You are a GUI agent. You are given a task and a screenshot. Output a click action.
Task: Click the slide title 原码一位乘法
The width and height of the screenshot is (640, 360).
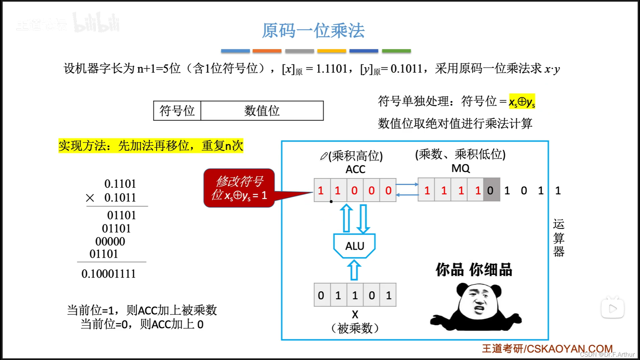pos(313,31)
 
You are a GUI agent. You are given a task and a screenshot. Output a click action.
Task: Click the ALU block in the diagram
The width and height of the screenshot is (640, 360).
pos(355,246)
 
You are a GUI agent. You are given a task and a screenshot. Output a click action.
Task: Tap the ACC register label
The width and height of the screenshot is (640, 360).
pos(355,169)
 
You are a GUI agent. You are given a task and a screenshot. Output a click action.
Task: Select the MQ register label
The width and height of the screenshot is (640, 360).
pos(460,168)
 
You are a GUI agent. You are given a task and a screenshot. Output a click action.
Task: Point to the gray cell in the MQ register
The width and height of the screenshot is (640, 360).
pos(491,190)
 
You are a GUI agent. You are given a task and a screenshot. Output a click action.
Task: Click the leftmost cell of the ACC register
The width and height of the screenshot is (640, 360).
pos(321,190)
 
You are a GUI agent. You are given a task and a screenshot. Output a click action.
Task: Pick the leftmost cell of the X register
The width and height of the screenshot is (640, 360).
pos(321,295)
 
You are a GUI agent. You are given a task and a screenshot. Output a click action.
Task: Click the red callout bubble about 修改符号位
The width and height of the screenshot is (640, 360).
pos(239,188)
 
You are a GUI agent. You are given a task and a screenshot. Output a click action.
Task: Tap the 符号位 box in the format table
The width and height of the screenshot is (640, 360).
pos(177,111)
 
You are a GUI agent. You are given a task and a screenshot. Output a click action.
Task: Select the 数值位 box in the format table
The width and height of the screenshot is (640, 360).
pos(262,111)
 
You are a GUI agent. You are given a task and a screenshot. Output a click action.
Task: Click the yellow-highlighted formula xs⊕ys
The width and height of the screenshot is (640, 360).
pos(522,102)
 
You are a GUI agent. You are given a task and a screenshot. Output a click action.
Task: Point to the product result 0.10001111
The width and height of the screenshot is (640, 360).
pos(109,274)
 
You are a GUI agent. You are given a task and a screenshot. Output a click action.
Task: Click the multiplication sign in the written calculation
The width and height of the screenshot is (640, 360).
pos(90,198)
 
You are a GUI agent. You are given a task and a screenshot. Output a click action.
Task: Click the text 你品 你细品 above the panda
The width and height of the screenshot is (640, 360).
pos(474,270)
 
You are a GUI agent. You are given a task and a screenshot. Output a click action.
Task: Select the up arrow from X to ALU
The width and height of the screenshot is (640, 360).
pos(354,270)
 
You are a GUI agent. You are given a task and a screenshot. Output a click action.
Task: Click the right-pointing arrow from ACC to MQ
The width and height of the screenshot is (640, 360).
pos(407,184)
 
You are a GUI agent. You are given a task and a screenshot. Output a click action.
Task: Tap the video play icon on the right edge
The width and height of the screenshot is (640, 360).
pos(612,309)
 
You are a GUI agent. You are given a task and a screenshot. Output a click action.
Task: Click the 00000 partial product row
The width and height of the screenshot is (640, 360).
pos(110,241)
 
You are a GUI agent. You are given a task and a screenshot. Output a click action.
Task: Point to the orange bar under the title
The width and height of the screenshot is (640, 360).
pos(267,51)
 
